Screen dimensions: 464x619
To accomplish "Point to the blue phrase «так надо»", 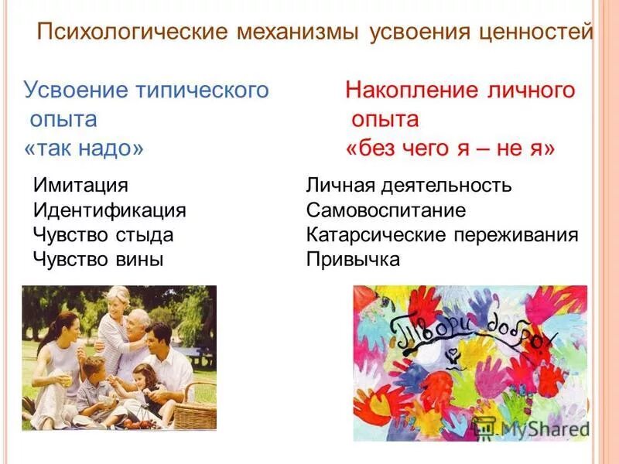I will [84, 148].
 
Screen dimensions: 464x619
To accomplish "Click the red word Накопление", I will [410, 90].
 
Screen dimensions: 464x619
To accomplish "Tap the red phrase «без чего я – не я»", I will [450, 148].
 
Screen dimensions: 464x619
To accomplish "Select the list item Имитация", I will [80, 186].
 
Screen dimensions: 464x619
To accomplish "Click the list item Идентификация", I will [110, 210].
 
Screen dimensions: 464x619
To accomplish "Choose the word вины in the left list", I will [140, 259].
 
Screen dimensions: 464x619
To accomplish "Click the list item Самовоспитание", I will [386, 210].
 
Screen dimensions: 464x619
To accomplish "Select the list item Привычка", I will [353, 259].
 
